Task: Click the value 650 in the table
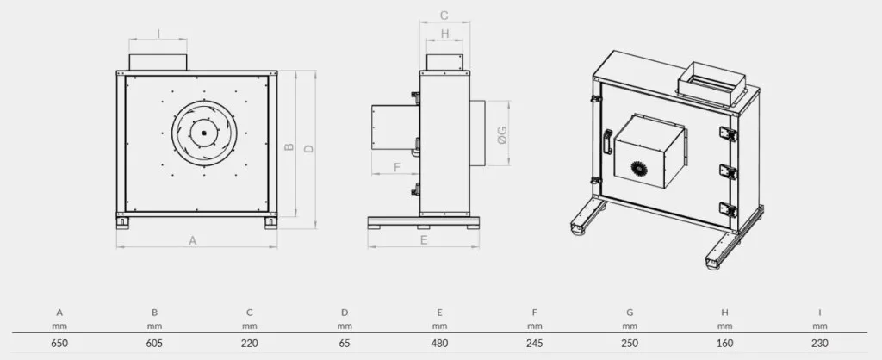tap(59, 343)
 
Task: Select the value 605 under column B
tap(155, 343)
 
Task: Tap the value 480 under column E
tap(440, 343)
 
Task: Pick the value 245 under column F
tap(535, 343)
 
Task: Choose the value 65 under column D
tap(345, 343)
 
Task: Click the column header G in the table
tap(630, 313)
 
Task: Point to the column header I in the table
tap(820, 313)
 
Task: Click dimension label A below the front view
tap(193, 241)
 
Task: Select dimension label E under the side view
tap(424, 240)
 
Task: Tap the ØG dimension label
tap(502, 134)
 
